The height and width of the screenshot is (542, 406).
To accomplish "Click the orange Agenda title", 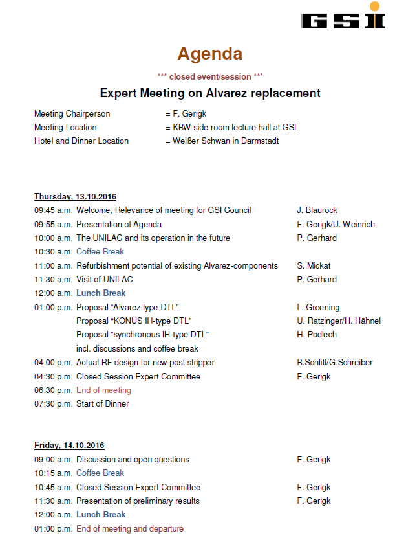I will coord(210,53).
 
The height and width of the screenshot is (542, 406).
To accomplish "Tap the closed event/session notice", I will coord(210,76).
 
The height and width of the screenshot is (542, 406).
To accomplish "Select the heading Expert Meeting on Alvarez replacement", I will coord(210,93).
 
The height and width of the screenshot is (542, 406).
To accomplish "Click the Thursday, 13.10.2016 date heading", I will coord(75,196).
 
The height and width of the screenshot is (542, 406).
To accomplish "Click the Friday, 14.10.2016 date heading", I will coord(69,446).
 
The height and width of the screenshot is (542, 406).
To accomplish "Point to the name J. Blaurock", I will coord(317,210).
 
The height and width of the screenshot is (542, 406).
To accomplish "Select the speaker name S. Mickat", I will coord(314,266).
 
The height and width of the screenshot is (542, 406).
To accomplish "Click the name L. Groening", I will coord(317,308).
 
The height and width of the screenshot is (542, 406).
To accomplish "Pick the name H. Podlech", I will coord(317,335).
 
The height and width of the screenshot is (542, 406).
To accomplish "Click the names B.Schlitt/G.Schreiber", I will coord(334,363).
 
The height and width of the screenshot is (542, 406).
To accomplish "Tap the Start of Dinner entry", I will coord(102,404).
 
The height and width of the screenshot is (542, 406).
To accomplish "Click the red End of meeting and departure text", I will coord(129,529).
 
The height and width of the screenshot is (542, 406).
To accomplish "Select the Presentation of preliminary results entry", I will coord(138,501).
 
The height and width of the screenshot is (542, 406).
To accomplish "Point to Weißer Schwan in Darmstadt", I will coord(226,141).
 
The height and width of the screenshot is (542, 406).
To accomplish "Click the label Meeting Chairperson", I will coord(72,114).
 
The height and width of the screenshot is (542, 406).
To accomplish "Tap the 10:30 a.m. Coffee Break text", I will coord(100,252).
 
